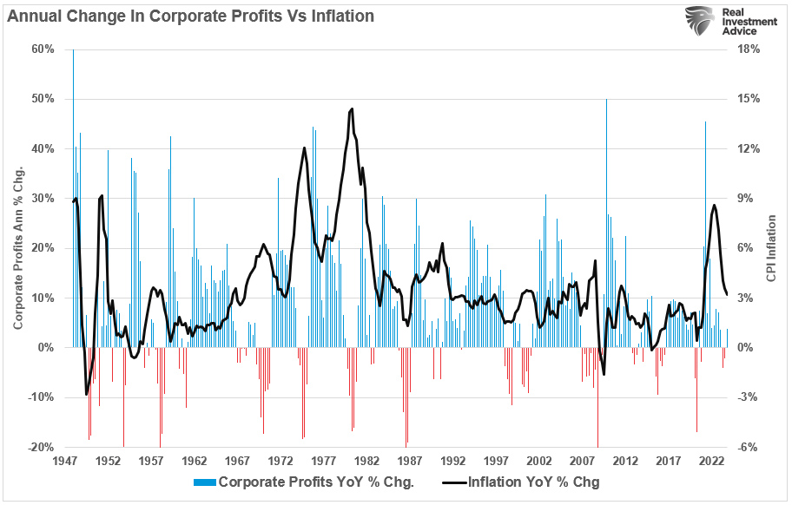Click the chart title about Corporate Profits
tap(191, 15)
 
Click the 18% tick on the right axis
tap(748, 49)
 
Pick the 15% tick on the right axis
tap(748, 99)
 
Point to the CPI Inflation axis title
tap(771, 248)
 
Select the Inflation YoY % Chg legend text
tap(534, 482)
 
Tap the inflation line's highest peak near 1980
tap(352, 109)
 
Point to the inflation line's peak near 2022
tap(714, 206)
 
